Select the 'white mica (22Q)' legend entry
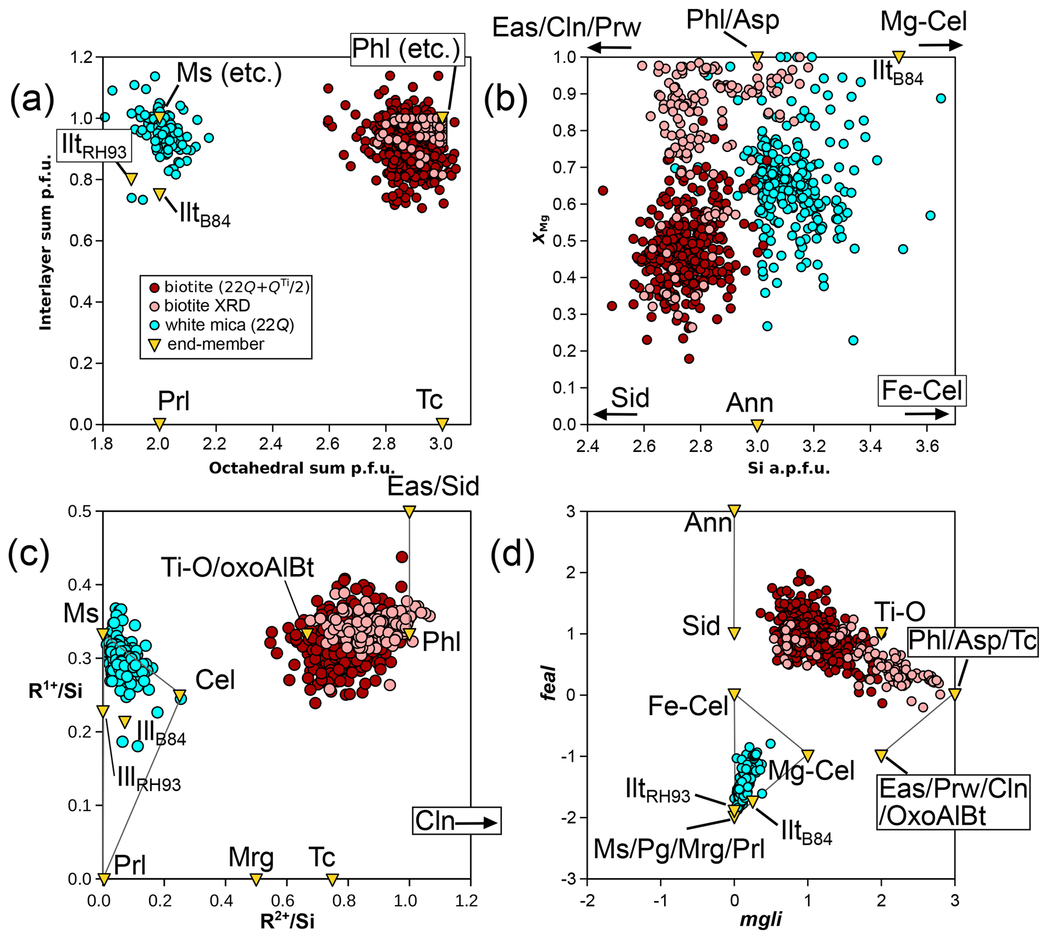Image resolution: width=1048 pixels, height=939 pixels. pyautogui.click(x=229, y=325)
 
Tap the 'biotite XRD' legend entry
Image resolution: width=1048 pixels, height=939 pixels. pyautogui.click(x=207, y=306)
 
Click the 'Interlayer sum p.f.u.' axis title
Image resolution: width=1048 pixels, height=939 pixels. pyautogui.click(x=46, y=241)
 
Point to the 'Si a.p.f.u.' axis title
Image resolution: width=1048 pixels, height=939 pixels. pyautogui.click(x=788, y=468)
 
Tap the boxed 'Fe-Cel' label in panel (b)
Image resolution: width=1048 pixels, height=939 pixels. pyautogui.click(x=922, y=391)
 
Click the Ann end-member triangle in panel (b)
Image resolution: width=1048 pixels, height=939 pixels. pyautogui.click(x=757, y=425)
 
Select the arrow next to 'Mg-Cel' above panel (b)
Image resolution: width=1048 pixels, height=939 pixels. pyautogui.click(x=940, y=45)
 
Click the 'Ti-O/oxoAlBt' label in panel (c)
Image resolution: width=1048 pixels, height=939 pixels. pyautogui.click(x=237, y=568)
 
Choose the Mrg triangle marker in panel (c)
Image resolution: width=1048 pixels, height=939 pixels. pyautogui.click(x=256, y=879)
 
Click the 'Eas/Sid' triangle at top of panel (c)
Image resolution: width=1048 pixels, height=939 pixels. pyautogui.click(x=409, y=512)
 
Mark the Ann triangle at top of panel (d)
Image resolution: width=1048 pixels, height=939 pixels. pyautogui.click(x=734, y=511)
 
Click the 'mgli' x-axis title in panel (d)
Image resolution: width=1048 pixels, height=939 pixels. pyautogui.click(x=761, y=919)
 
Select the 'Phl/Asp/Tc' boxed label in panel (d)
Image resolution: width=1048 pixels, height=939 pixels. pyautogui.click(x=972, y=642)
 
